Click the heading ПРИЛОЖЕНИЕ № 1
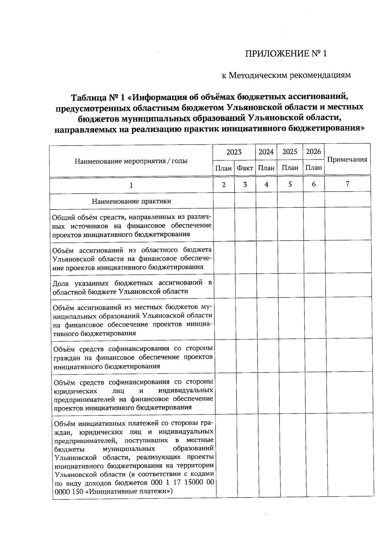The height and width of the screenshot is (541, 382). [x=286, y=53]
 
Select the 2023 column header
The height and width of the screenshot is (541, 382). [x=234, y=152]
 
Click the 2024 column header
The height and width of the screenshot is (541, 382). [x=266, y=152]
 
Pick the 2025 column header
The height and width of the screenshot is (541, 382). [x=290, y=151]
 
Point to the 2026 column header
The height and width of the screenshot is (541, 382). [x=314, y=151]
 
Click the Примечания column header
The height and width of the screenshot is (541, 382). [x=347, y=159]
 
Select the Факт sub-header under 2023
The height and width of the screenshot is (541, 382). [x=245, y=168]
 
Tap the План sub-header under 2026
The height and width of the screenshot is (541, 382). [x=314, y=167]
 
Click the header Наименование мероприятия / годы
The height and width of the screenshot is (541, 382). [x=131, y=161]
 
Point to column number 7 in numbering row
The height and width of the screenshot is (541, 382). [x=347, y=184]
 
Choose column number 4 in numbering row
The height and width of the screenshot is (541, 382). [x=266, y=184]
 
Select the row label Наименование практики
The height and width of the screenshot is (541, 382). [x=131, y=201]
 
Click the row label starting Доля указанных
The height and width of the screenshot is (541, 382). [x=132, y=287]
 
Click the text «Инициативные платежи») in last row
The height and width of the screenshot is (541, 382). [x=130, y=491]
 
